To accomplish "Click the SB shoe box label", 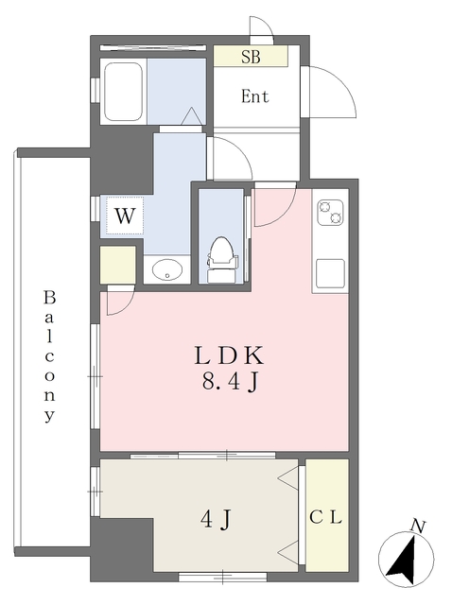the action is click(x=251, y=57).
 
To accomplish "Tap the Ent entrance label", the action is click(x=254, y=96).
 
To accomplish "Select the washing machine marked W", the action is click(x=125, y=216).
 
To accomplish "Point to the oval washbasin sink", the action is click(x=167, y=269).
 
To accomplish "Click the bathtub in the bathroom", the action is click(x=124, y=92).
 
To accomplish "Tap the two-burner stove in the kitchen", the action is click(x=331, y=213).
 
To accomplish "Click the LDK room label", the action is click(x=229, y=355).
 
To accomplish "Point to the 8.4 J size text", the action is click(x=229, y=383).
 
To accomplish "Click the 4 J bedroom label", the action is click(x=216, y=521).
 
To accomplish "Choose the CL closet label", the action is click(x=326, y=518).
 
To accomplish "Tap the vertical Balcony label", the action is click(x=49, y=357).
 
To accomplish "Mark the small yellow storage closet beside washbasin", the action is click(x=118, y=265).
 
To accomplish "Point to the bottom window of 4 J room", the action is click(x=223, y=578).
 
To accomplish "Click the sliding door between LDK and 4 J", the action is click(x=202, y=456).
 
